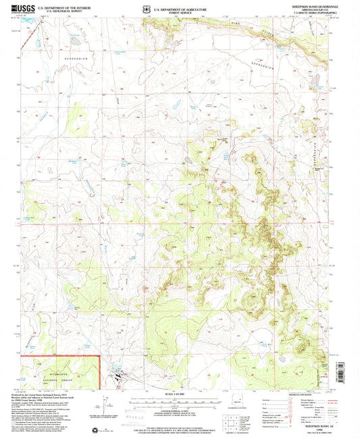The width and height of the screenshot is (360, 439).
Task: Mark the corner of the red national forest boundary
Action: point(99,355)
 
